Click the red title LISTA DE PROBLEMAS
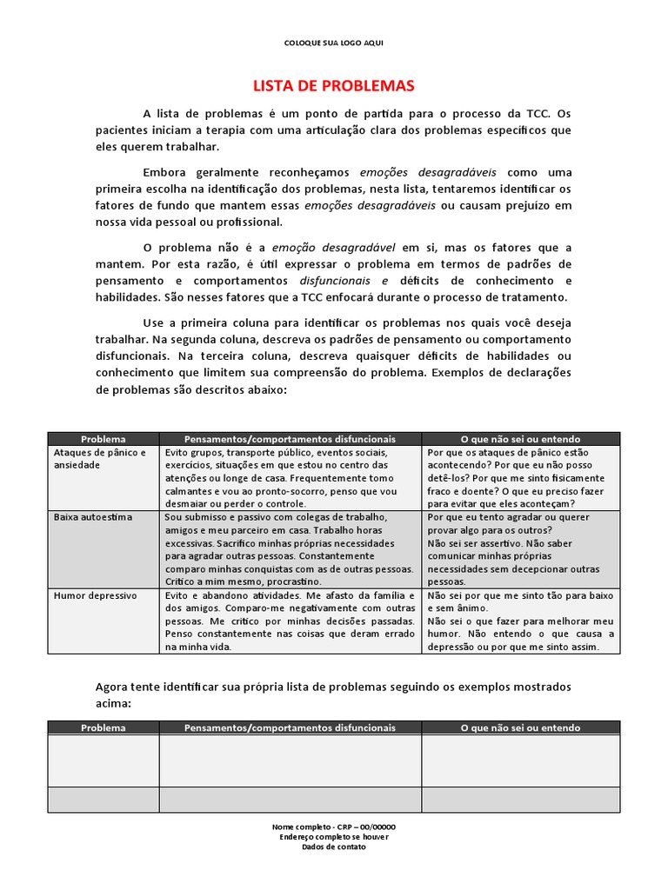pos(333,86)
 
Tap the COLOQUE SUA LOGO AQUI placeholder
pos(334,43)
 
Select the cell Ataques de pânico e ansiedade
pos(104,459)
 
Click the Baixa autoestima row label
pos(93,516)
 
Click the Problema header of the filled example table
pos(104,439)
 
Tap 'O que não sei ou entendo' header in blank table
pos(520,727)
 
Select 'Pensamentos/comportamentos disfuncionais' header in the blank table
pos(291,727)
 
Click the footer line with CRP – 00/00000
pos(334,827)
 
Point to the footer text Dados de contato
pos(334,847)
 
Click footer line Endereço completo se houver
pos(334,836)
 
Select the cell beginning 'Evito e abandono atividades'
pos(291,621)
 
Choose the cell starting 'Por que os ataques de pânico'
pos(520,478)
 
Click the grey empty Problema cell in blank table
pos(104,800)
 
